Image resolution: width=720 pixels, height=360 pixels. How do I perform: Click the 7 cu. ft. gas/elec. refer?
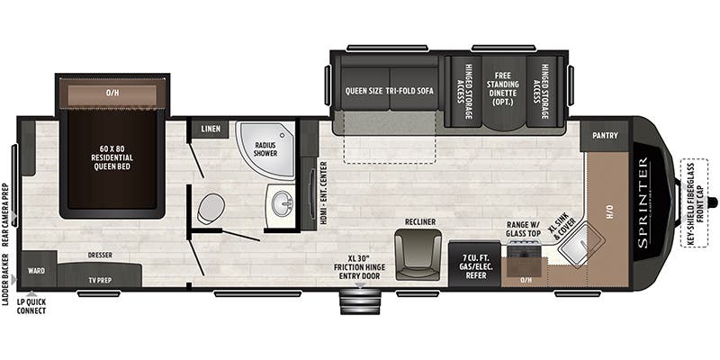[x=474, y=264]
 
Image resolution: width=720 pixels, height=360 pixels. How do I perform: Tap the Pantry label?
[x=605, y=137]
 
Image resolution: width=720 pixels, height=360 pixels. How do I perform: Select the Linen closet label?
[x=211, y=130]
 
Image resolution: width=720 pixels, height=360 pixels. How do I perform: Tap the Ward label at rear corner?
[x=36, y=270]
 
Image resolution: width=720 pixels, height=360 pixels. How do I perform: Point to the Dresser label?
[x=100, y=255]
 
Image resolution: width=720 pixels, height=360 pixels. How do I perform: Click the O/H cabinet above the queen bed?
[x=112, y=92]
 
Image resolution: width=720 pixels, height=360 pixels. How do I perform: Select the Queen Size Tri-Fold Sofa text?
[x=390, y=91]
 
